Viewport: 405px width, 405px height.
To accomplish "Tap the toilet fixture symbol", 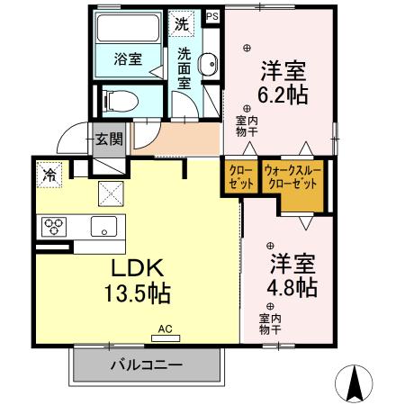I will [x=118, y=99].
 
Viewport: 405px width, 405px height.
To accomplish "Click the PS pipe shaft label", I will [x=212, y=16].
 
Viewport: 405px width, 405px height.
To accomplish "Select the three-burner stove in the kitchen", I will [x=53, y=227].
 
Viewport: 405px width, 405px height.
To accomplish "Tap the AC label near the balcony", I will [x=165, y=329].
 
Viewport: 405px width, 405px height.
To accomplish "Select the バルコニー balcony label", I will [x=147, y=365].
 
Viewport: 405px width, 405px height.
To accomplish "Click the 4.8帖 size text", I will [x=289, y=288].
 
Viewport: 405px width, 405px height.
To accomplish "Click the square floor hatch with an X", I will [x=111, y=192].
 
